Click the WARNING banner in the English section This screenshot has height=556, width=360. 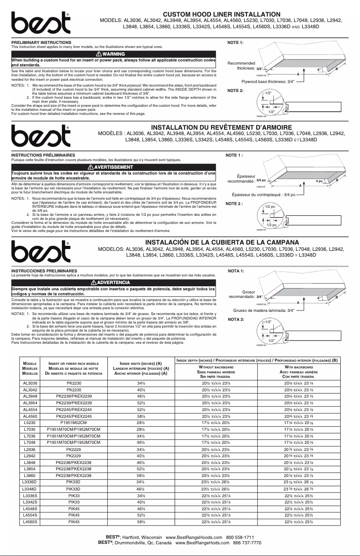pyautogui.click(x=114, y=54)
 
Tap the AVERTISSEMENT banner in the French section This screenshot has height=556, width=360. pyautogui.click(x=114, y=167)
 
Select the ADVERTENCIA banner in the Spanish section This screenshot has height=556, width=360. pyautogui.click(x=114, y=282)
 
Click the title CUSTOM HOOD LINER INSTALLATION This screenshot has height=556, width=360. pyautogui.click(x=221, y=15)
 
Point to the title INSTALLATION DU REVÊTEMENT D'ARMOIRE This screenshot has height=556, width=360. pyautogui.click(x=221, y=128)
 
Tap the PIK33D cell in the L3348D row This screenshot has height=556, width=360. pyautogui.click(x=73, y=488)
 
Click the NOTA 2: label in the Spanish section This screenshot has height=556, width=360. pyautogui.click(x=236, y=320)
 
